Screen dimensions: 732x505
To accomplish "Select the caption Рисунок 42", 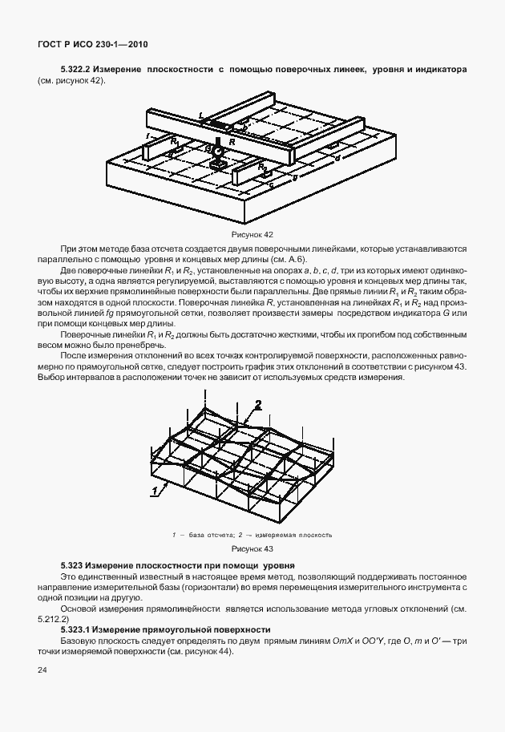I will coord(252,234).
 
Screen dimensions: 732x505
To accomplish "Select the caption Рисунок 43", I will coord(252,548).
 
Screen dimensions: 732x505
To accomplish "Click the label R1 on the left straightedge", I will coord(173,141).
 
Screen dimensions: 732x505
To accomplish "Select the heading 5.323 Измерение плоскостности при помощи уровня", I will coord(178,566).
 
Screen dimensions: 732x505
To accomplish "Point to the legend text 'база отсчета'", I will coord(206,534).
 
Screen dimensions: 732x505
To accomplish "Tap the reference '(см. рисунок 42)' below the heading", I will coord(71,81).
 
